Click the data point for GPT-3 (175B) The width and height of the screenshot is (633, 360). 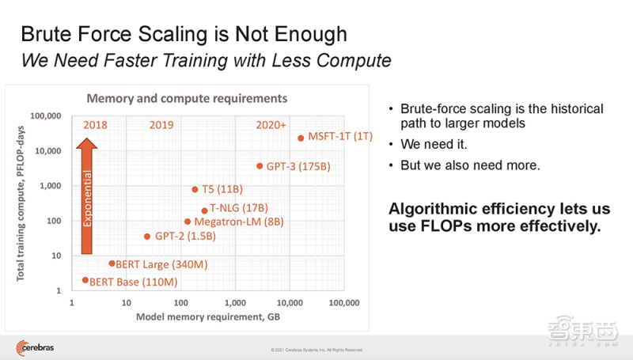(x=260, y=166)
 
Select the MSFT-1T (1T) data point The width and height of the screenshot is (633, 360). (x=301, y=138)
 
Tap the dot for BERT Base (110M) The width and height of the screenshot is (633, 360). (x=85, y=280)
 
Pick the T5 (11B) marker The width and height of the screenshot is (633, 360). (x=195, y=189)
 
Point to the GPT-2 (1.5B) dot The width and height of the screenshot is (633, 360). (x=147, y=237)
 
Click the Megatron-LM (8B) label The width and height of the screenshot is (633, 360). (x=239, y=222)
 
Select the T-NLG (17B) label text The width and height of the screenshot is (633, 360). (x=239, y=208)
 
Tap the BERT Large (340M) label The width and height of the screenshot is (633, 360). (x=161, y=264)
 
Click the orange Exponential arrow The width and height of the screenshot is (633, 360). (x=87, y=195)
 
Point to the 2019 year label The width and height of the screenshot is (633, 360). (x=161, y=125)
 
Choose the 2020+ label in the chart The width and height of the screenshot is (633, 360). (x=271, y=125)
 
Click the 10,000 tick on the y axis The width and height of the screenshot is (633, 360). (x=48, y=151)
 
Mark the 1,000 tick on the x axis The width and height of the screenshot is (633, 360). (x=235, y=303)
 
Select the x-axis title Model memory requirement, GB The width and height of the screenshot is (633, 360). (x=208, y=316)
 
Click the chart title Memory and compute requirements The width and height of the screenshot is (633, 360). (x=187, y=98)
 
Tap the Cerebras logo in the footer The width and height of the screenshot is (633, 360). (x=35, y=347)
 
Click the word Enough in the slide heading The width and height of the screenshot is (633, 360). (x=311, y=34)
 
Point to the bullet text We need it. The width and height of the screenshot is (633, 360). (x=434, y=144)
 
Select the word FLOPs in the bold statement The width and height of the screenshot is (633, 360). (x=446, y=226)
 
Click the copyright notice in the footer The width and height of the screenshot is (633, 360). (x=316, y=350)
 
